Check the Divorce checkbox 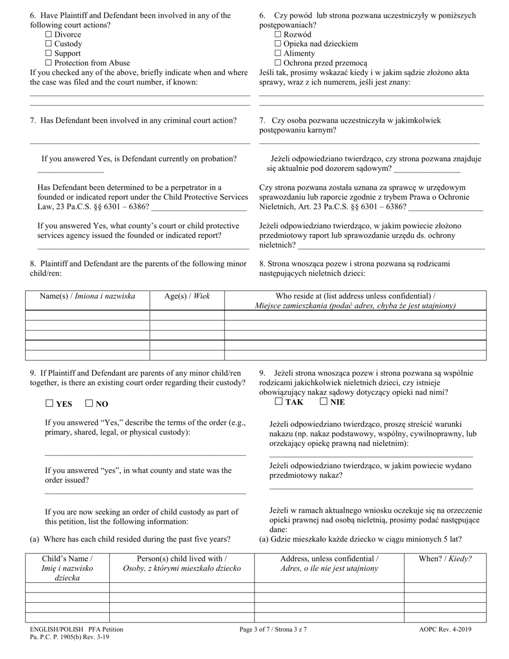point(49,35)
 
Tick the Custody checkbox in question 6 point(49,44)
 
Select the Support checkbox point(49,54)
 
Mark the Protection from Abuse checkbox point(49,63)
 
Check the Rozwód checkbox point(278,35)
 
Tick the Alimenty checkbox point(278,54)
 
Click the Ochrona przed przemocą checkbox point(278,63)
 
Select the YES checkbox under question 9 point(49,403)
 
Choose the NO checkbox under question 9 point(89,403)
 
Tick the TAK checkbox point(278,401)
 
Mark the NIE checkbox point(323,401)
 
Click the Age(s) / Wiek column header point(186,296)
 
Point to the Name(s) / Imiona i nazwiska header point(87,296)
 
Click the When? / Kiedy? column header point(445,558)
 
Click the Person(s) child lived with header point(182,563)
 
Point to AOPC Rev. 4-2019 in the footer point(445,630)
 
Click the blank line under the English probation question point(70,171)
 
